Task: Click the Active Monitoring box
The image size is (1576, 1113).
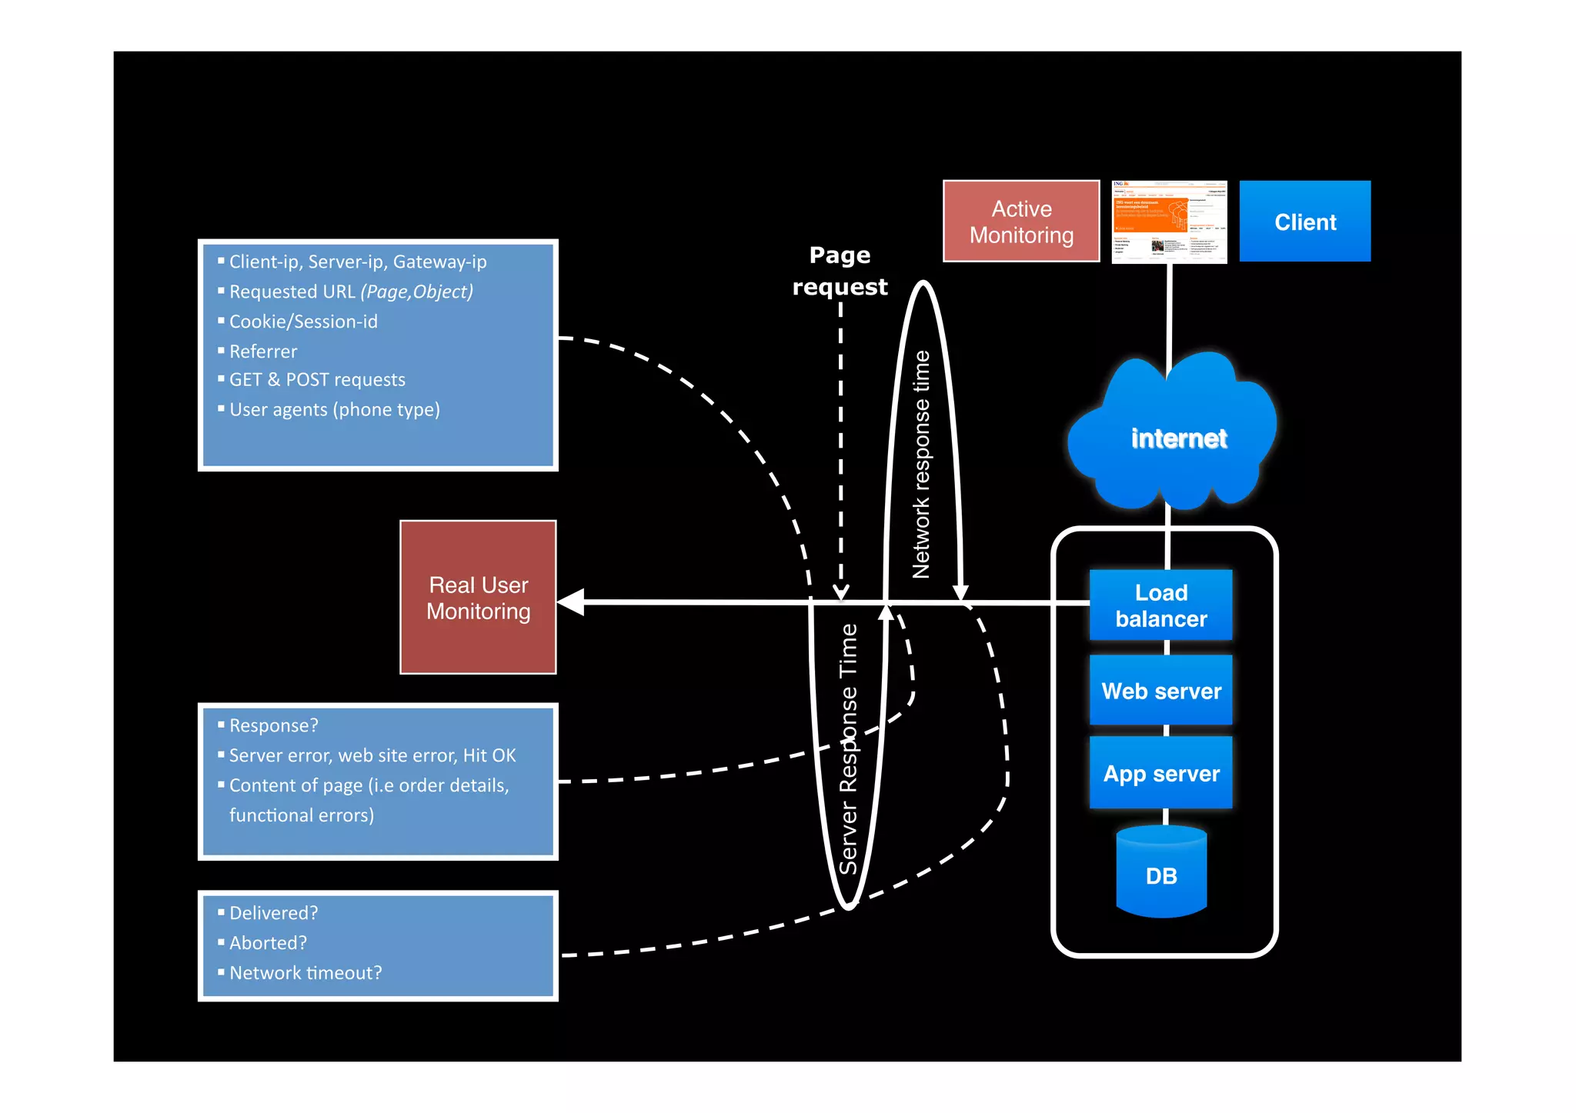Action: tap(1021, 222)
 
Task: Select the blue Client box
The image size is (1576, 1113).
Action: tap(1304, 222)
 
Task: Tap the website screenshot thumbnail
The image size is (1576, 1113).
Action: tap(1169, 222)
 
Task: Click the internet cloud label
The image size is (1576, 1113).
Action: tap(1178, 438)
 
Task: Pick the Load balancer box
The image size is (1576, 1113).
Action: tap(1160, 605)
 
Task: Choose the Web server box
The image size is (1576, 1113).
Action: tap(1160, 691)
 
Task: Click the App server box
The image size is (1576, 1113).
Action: tap(1160, 773)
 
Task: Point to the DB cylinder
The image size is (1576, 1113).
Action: tap(1160, 875)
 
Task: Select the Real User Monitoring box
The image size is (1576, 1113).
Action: tap(478, 598)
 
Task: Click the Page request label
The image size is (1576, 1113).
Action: tap(840, 271)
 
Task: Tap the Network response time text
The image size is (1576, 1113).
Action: tap(921, 465)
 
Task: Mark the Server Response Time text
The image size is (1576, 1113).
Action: tap(848, 748)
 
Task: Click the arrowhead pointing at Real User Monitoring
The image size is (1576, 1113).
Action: tap(571, 602)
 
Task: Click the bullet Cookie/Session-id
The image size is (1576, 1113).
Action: tap(303, 322)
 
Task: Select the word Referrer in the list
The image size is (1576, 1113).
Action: tap(263, 352)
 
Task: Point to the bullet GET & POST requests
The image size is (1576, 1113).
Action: tap(317, 380)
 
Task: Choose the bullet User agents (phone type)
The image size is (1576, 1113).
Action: tap(334, 410)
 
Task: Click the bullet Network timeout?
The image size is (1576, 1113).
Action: tap(306, 973)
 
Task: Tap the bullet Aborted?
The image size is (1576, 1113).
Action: tap(268, 943)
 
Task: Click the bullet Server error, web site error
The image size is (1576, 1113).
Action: tap(372, 756)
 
